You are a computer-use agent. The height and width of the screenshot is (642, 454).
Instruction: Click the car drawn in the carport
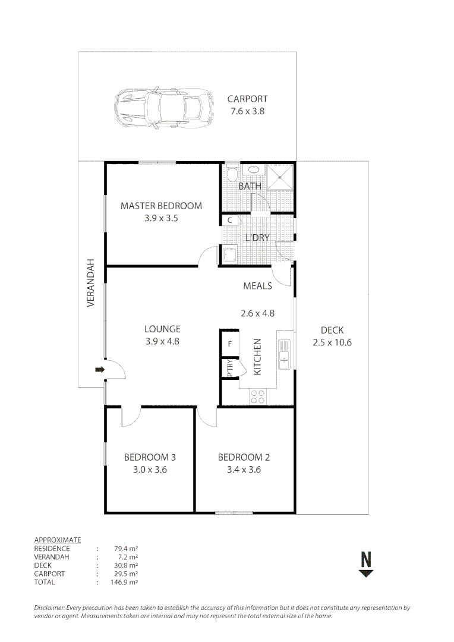tap(163, 108)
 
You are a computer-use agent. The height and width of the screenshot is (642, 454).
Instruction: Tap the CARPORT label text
tap(247, 99)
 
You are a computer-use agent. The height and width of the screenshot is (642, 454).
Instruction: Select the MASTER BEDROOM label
tap(161, 206)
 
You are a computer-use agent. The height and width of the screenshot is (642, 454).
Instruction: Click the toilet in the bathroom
tap(232, 174)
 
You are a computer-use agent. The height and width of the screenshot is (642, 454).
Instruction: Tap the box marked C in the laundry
tap(229, 221)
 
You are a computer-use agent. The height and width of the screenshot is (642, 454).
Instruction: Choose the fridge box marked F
tap(229, 344)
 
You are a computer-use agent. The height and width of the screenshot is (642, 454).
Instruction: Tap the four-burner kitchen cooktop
tap(258, 396)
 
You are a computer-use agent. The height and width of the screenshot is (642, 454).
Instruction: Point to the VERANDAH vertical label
tap(91, 282)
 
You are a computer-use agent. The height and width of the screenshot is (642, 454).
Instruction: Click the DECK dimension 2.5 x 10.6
tap(332, 342)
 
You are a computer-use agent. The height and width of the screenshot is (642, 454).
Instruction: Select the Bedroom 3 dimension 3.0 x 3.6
tap(149, 469)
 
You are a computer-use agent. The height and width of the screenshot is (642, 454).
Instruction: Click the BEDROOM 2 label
tap(244, 457)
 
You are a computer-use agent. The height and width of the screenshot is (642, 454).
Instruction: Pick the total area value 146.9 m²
tap(125, 583)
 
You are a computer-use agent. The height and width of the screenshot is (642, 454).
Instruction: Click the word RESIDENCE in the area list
tap(52, 549)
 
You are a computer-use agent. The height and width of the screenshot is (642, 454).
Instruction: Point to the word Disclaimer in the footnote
tap(51, 608)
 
